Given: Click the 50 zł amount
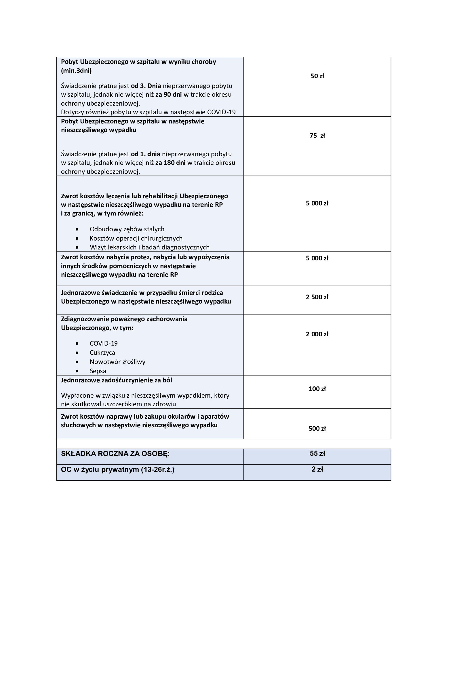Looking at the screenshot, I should tap(317, 76).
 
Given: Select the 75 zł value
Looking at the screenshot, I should tap(317, 136).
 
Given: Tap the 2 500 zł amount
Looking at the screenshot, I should tap(317, 297).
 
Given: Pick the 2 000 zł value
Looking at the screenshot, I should tap(317, 334).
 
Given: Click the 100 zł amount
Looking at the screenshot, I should tap(317, 389).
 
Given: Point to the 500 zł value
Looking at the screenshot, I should tap(317, 428).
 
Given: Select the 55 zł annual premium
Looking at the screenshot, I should tap(317, 453).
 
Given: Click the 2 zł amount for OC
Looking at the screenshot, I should tap(317, 469).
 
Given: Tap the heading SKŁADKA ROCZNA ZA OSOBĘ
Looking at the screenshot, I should tap(115, 454).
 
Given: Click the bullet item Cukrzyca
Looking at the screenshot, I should tap(102, 353).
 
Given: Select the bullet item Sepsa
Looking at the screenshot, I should tap(98, 371).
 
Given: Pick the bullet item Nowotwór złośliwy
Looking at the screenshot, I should tap(117, 362).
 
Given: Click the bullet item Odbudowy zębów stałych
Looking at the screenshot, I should tap(127, 229).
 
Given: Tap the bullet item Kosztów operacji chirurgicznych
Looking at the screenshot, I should tap(136, 238).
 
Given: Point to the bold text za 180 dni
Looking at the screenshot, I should tap(170, 163).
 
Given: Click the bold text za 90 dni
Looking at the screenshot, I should tap(169, 94).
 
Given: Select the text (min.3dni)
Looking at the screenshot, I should tap(76, 71).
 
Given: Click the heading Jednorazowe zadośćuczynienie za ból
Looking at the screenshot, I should tap(116, 380).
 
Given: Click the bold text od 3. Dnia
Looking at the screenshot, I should tap(146, 86).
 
